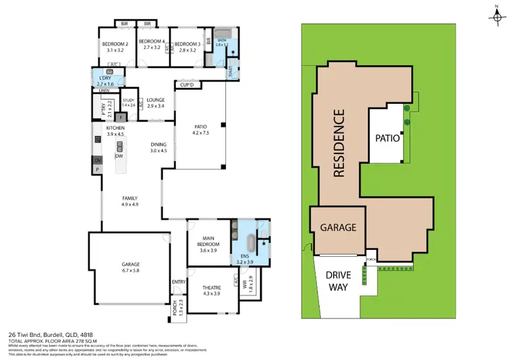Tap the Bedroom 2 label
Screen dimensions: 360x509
tap(117, 46)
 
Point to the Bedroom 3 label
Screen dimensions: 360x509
tap(185, 46)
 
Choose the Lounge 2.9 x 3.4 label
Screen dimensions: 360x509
tap(155, 103)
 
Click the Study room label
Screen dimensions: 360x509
tap(128, 103)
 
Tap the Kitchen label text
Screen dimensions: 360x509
tap(115, 131)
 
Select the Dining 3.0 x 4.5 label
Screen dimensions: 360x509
tap(158, 147)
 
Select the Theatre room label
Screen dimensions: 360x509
tap(212, 289)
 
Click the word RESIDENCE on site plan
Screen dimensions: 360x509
tap(340, 143)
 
